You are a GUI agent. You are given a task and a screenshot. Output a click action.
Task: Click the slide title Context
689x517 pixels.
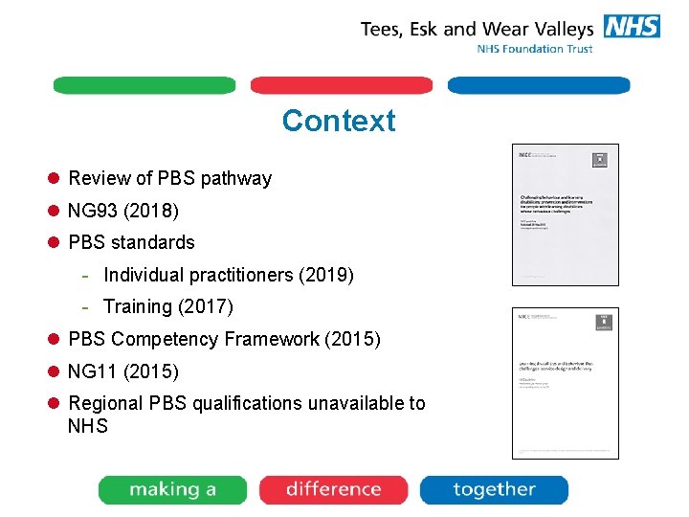coord(338,122)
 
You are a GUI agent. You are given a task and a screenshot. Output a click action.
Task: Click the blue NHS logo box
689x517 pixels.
coord(631,27)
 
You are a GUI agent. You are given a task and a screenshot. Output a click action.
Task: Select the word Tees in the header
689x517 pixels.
coord(382,29)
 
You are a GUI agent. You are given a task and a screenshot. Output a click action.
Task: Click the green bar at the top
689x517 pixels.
coord(144,85)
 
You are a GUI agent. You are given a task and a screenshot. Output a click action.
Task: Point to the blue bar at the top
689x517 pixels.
coord(539,85)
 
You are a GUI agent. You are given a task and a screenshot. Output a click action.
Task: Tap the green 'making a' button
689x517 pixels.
coord(172,489)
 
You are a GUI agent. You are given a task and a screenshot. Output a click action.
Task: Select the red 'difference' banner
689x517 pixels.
coord(333,489)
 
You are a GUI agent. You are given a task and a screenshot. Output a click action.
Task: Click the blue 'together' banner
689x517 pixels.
coord(494,489)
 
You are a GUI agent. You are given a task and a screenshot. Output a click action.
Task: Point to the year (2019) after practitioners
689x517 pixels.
coord(326,275)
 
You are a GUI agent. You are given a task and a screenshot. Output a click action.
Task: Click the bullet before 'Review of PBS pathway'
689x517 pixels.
coord(55,178)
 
